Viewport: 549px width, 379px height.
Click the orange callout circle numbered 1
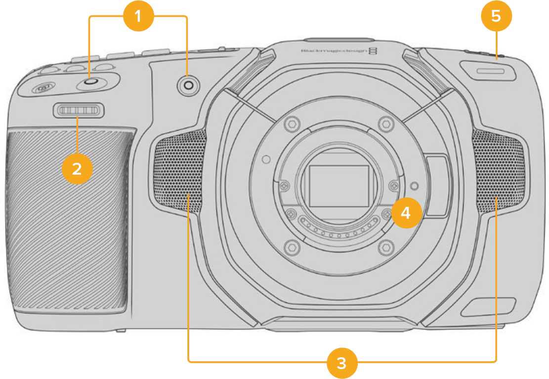[x=138, y=16]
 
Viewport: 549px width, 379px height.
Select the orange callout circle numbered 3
[x=341, y=362]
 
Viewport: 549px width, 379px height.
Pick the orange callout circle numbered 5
[x=496, y=16]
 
